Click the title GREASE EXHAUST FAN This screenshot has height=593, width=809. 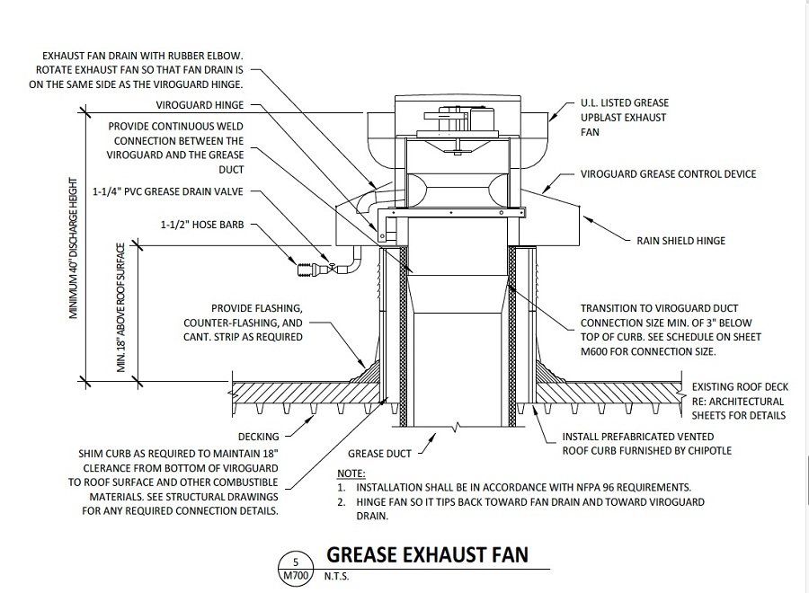pos(427,554)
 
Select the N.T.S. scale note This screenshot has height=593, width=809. pos(336,577)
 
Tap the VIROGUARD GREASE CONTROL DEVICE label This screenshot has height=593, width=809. pos(668,173)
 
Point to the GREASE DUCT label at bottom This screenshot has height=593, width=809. pos(379,454)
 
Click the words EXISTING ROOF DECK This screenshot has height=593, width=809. pos(740,387)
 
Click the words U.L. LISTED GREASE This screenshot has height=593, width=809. pos(624,104)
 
